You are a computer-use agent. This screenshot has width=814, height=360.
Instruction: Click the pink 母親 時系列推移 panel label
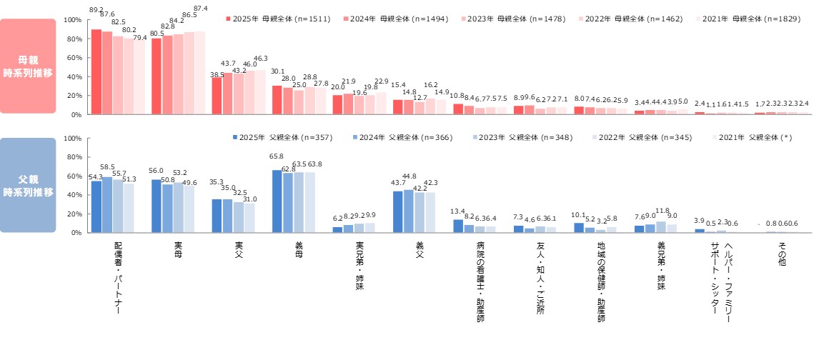(x=28, y=66)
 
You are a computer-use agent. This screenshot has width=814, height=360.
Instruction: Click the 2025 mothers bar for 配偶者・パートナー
(x=96, y=72)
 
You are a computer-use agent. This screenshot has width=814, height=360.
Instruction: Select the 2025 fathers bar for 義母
(x=277, y=201)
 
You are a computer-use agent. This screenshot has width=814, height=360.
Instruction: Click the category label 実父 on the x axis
(x=239, y=249)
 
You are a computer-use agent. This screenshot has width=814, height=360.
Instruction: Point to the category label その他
(x=782, y=254)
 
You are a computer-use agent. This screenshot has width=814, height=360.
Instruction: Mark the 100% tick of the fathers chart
(x=73, y=139)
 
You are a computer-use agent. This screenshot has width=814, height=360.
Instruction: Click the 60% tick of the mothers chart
(x=74, y=58)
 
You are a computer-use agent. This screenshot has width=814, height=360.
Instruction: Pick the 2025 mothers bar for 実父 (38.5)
(x=217, y=96)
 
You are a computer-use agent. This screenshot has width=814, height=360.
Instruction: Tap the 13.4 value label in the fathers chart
(x=458, y=211)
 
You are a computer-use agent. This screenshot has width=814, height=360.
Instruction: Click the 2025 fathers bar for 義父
(x=397, y=211)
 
